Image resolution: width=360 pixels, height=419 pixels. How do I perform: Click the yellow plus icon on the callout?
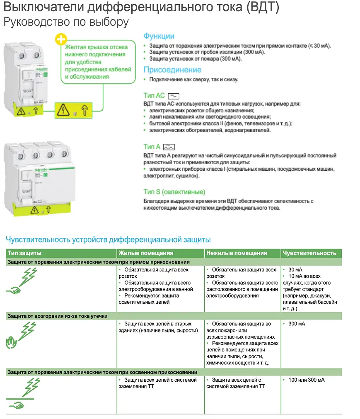pyautogui.click(x=61, y=40)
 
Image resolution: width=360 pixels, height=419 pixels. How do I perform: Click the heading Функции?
pyautogui.click(x=159, y=36)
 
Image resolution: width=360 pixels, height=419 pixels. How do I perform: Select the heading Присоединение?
pyautogui.click(x=172, y=70)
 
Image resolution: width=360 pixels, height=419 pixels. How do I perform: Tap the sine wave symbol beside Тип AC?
pyautogui.click(x=173, y=96)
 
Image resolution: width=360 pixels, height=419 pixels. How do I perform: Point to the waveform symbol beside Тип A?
pyautogui.click(x=169, y=147)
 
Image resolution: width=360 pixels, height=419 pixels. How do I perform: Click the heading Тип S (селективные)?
pyautogui.click(x=174, y=192)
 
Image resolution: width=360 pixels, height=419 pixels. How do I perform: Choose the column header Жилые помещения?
pyautogui.click(x=146, y=253)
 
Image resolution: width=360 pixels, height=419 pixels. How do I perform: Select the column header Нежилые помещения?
pyautogui.click(x=237, y=253)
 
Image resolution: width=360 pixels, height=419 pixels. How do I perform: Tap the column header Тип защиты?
pyautogui.click(x=25, y=253)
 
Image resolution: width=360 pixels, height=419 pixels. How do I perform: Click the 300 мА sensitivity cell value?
pyautogui.click(x=296, y=324)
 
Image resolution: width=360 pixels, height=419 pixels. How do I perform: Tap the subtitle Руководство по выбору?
pyautogui.click(x=66, y=22)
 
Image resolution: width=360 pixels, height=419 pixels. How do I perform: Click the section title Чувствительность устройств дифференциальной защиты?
pyautogui.click(x=108, y=240)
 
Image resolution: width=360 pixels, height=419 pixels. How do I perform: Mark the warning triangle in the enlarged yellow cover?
pyautogui.click(x=63, y=110)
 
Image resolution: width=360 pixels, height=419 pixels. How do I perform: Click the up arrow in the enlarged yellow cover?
pyautogui.click(x=85, y=110)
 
